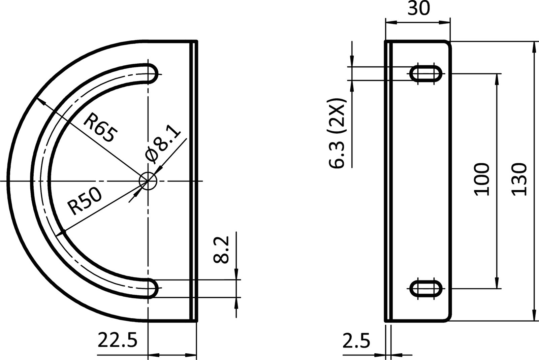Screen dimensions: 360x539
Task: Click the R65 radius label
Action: [100, 128]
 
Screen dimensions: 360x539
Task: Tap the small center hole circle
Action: [148, 181]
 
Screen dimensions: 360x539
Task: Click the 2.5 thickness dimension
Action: [356, 341]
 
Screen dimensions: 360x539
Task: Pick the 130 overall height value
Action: [518, 180]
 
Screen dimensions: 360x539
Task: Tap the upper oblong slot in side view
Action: [425, 73]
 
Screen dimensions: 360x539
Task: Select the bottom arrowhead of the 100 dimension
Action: [497, 284]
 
